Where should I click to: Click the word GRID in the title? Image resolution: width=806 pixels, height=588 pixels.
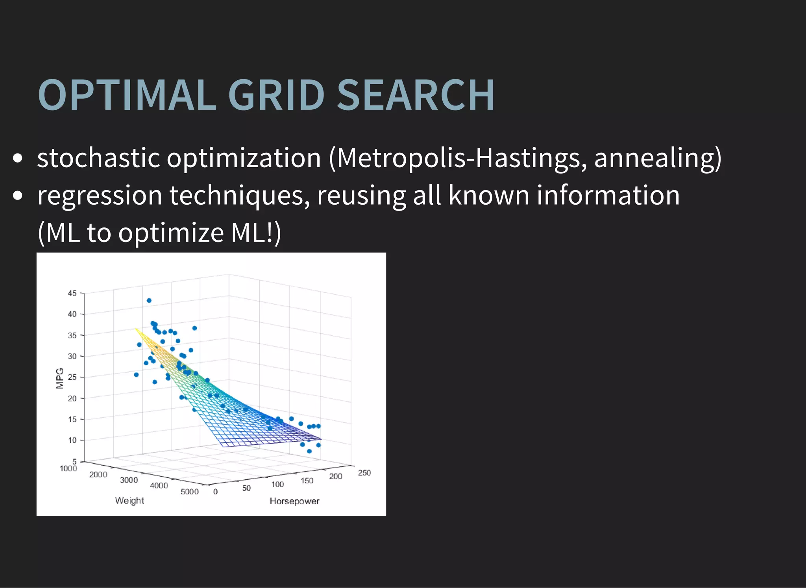(276, 95)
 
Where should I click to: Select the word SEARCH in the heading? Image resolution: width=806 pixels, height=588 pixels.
(416, 95)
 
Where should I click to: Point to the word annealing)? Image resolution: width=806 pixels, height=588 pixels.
(658, 158)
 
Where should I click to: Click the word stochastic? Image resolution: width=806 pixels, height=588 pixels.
(98, 158)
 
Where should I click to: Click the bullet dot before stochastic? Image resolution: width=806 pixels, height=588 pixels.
(18, 159)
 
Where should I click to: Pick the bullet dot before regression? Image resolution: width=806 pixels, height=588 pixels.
(18, 196)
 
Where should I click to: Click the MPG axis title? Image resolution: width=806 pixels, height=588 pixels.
(60, 378)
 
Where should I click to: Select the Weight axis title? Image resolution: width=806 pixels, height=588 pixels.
(129, 500)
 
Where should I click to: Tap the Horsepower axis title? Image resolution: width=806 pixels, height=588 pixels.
(294, 501)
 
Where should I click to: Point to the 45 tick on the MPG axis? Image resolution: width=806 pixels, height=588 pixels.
(72, 293)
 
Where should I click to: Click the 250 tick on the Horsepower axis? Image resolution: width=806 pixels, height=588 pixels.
(364, 473)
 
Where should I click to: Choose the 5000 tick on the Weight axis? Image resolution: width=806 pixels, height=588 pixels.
(190, 492)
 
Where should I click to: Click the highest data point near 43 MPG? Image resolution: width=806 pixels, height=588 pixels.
(149, 300)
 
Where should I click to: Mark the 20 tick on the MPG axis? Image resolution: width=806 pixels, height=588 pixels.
(72, 398)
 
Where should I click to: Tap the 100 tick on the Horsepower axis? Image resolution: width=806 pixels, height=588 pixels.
(277, 484)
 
